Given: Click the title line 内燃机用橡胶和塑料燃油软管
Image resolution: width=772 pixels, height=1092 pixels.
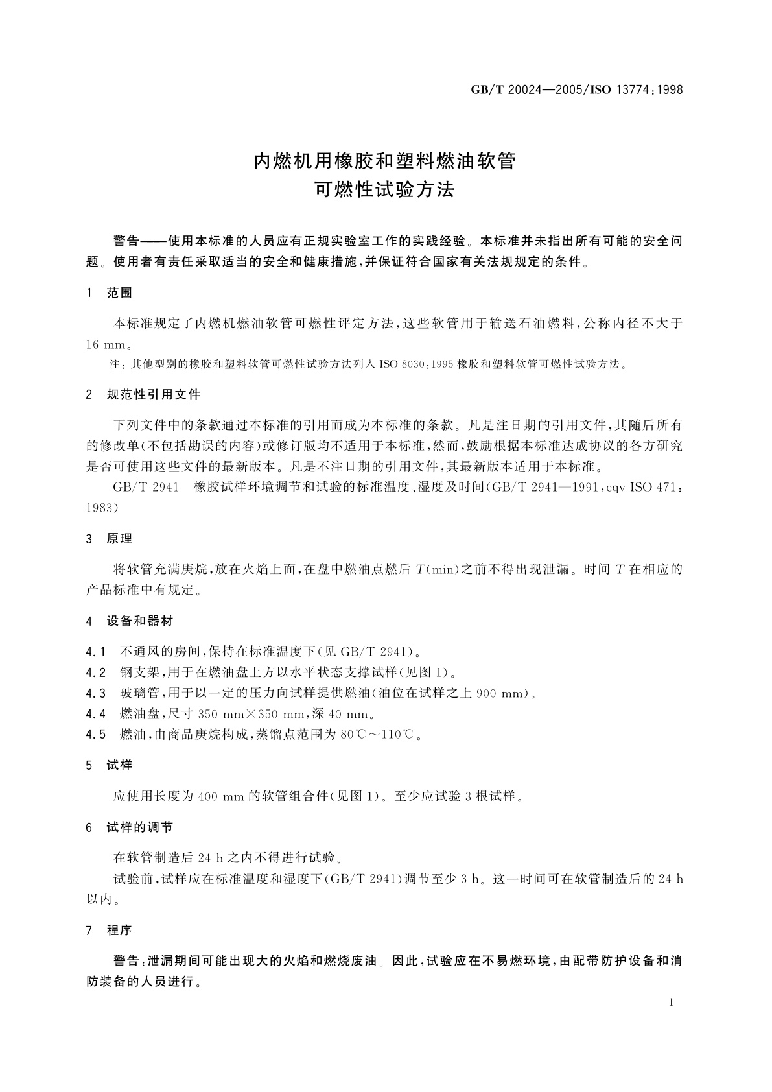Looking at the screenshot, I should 385,160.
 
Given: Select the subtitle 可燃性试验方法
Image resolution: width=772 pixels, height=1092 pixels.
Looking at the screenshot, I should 385,190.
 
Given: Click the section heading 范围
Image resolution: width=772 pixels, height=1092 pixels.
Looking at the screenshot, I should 119,293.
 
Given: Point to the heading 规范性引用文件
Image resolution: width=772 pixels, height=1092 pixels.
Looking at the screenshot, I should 154,395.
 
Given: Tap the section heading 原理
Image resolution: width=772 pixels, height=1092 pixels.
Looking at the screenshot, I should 119,539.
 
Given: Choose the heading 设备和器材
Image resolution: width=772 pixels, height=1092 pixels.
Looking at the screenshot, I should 140,621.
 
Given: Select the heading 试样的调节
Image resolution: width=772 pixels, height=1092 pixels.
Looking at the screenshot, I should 140,827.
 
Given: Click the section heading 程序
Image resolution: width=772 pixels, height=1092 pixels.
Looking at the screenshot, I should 119,931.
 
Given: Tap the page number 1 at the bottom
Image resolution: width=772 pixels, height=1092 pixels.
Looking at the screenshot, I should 671,1003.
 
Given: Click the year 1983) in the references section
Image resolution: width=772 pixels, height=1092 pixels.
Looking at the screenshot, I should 102,508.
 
